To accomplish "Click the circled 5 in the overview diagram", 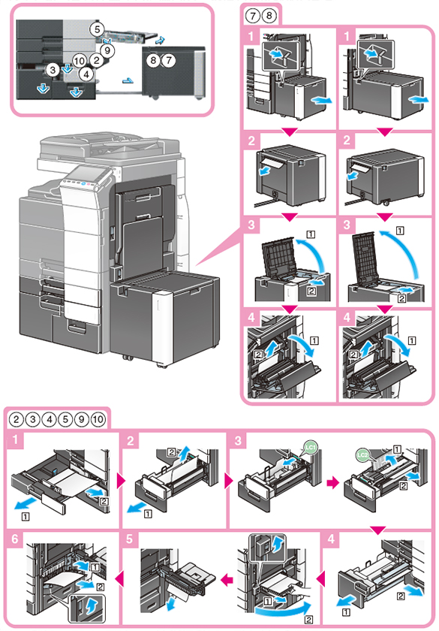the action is pos(97,29).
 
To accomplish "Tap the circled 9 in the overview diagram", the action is pos(107,50).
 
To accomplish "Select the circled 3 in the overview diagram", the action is pos(53,70).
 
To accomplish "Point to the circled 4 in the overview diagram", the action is pos(86,74).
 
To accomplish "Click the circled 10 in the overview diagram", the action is pos(80,61).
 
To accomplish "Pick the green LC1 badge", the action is pos(311,447).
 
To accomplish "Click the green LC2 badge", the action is pos(363,455).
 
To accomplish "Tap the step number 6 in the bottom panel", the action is pos(15,539).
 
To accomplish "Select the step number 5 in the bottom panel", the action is pos(129,539).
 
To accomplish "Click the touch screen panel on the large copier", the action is pos(86,177).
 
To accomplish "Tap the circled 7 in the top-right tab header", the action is pos(252,16).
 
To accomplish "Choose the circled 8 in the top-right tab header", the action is pos(269,16).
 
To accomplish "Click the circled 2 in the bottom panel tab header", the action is pos(16,419).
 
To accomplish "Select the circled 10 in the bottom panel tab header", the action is pos(98,419).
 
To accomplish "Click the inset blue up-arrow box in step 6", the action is pos(86,607).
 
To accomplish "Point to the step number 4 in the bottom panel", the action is pos(331,539).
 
